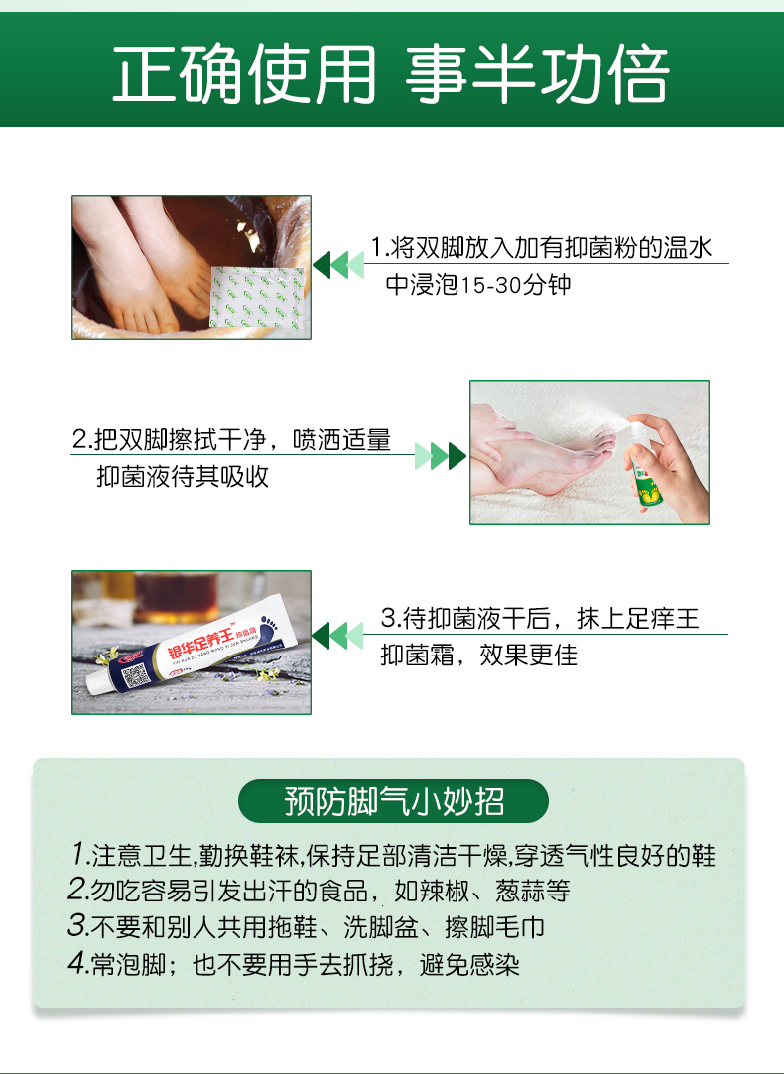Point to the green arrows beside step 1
coord(337,265)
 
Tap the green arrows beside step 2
coord(440,456)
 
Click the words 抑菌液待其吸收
coord(183,476)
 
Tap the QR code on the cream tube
coord(136,677)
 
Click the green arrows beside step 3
coord(337,635)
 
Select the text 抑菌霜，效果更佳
coord(479,656)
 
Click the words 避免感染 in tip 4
coord(473,964)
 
